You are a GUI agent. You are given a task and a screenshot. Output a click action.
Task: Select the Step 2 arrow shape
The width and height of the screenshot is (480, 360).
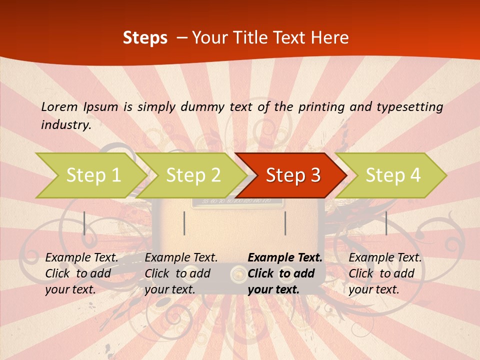pyautogui.click(x=193, y=175)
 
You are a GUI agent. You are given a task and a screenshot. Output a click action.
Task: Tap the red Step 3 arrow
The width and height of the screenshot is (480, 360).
pyautogui.click(x=293, y=175)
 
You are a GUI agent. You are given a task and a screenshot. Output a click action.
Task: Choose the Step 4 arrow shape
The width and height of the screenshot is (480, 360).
pyautogui.click(x=393, y=175)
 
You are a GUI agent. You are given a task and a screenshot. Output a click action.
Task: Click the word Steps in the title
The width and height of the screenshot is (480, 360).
pyautogui.click(x=145, y=38)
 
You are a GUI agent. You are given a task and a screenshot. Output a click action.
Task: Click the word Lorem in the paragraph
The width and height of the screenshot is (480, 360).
pyautogui.click(x=59, y=106)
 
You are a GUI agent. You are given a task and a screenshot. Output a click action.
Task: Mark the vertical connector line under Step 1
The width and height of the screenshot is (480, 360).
pyautogui.click(x=84, y=223)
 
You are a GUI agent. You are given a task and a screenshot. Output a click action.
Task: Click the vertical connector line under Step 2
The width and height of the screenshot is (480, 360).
pyautogui.click(x=184, y=223)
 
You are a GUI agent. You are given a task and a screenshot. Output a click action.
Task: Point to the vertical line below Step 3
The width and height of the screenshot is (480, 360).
pyautogui.click(x=285, y=223)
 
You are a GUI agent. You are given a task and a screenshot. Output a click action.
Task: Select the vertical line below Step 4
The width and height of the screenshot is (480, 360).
pyautogui.click(x=386, y=223)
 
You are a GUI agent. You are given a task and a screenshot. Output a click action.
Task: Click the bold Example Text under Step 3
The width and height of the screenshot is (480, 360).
pyautogui.click(x=285, y=258)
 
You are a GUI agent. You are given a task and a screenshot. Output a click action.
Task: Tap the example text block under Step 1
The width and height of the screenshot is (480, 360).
pyautogui.click(x=81, y=273)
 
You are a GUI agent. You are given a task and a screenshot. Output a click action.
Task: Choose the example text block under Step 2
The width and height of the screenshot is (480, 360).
pyautogui.click(x=181, y=273)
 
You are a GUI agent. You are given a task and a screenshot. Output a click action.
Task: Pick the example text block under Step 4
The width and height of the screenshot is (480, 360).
pyautogui.click(x=385, y=273)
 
